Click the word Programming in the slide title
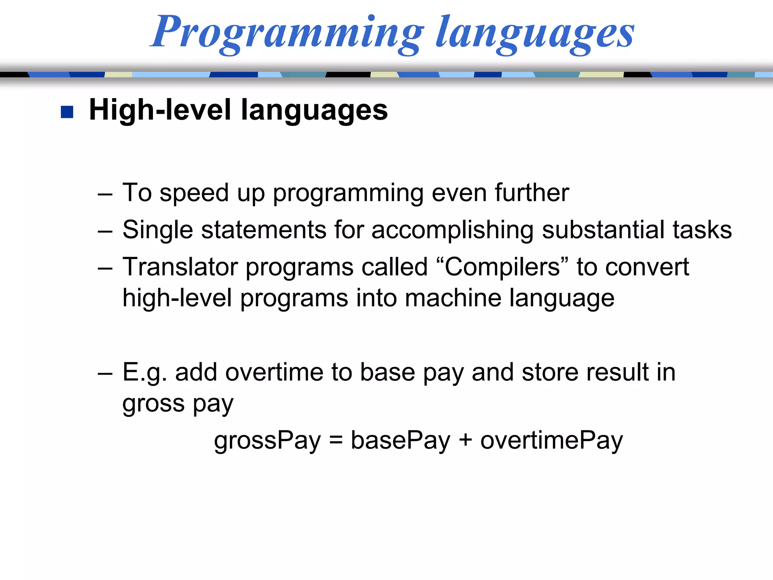pyautogui.click(x=287, y=33)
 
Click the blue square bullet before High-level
pyautogui.click(x=67, y=112)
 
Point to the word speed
pyautogui.click(x=194, y=193)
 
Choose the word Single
pyautogui.click(x=158, y=230)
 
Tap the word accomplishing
pyautogui.click(x=453, y=230)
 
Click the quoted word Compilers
pyautogui.click(x=502, y=267)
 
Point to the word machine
pyautogui.click(x=453, y=298)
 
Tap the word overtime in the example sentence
pyautogui.click(x=274, y=372)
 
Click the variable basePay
pyautogui.click(x=400, y=440)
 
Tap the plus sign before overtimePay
pyautogui.click(x=465, y=440)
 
